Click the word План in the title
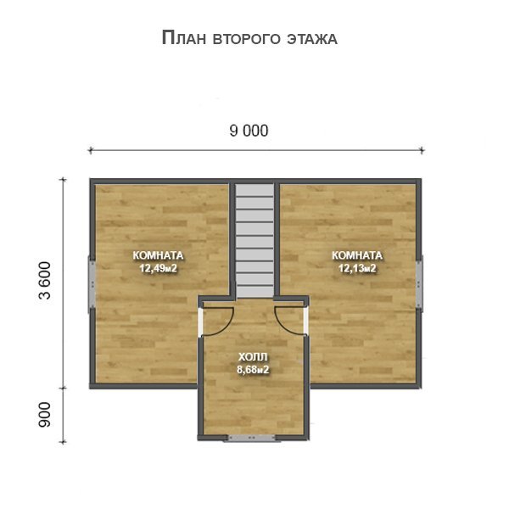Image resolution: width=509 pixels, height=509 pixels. (x=184, y=38)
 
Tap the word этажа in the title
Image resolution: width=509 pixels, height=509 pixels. (x=312, y=39)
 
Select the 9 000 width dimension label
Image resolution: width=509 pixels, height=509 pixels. (x=249, y=131)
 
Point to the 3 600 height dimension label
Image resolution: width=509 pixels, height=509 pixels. (x=45, y=280)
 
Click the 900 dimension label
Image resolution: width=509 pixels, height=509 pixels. (x=45, y=415)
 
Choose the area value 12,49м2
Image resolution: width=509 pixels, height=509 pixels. (x=158, y=268)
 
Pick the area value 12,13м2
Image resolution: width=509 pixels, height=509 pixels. (x=357, y=268)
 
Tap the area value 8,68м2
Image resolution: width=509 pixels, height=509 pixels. (x=253, y=369)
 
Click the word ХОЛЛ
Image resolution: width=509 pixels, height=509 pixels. (x=253, y=357)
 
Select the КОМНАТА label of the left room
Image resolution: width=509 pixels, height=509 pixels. (x=158, y=255)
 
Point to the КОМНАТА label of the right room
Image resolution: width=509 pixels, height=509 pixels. (x=357, y=255)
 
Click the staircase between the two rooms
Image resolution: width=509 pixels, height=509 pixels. (x=255, y=241)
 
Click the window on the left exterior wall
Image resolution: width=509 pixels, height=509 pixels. (x=92, y=284)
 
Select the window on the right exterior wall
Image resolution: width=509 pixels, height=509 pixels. (x=419, y=283)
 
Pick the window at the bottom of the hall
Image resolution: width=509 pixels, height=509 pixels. (x=252, y=438)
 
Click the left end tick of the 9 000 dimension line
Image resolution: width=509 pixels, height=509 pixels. (x=91, y=150)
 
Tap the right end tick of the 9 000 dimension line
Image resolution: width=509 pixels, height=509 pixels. (x=422, y=150)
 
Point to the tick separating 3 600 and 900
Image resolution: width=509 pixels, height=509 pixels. (x=63, y=388)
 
